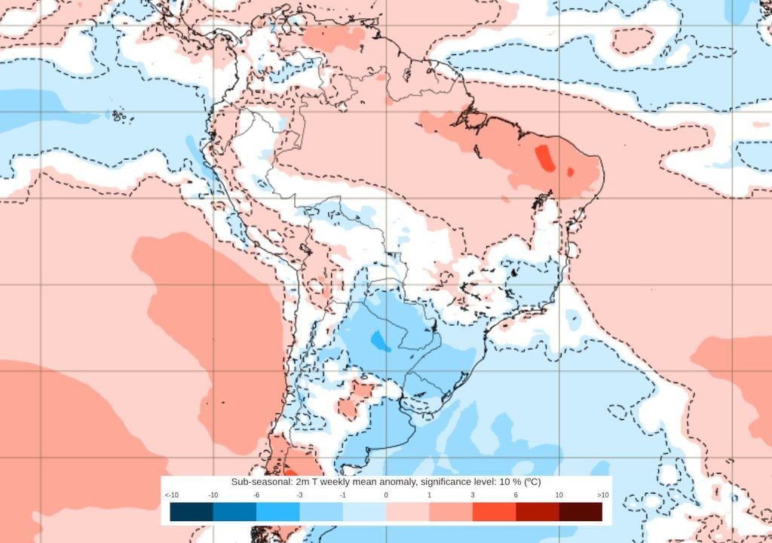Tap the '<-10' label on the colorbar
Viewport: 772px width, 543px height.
(171, 495)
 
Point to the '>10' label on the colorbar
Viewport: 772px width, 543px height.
(602, 495)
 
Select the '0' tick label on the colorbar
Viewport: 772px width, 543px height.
(386, 495)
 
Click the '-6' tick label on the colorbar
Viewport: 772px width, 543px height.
(256, 495)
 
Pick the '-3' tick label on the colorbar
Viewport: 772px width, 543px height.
(300, 495)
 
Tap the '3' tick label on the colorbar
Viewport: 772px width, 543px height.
(473, 495)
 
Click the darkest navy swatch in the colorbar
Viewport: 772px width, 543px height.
(191, 512)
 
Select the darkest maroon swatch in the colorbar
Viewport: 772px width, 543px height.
(581, 512)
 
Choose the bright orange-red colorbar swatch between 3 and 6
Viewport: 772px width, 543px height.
(494, 512)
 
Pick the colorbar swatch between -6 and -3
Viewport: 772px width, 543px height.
(278, 512)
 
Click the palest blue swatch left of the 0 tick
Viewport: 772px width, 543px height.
(364, 512)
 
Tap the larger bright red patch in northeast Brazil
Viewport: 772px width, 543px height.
(543, 157)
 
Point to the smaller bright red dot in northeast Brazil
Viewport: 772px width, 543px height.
(571, 173)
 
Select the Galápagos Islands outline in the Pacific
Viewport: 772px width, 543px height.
(118, 116)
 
